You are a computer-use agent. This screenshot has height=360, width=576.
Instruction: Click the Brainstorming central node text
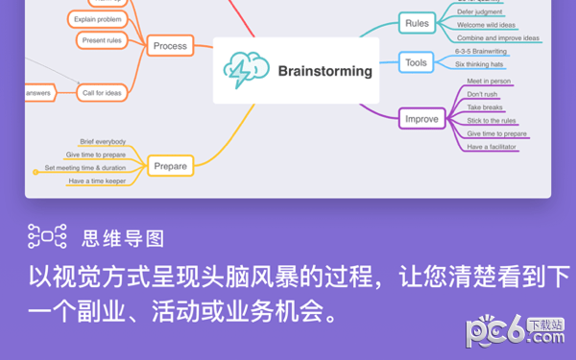coord(324,69)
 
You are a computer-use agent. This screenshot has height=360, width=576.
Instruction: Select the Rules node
coord(417,23)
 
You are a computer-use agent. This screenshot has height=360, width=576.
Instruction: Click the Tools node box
coord(416,63)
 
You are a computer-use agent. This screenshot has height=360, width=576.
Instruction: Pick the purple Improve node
coord(421,119)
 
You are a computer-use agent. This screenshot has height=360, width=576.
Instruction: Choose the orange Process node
coord(171,45)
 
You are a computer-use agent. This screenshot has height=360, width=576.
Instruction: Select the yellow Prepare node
coord(170,166)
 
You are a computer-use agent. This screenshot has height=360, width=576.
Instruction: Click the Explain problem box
coord(97,18)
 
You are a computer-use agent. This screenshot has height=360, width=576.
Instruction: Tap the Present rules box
coord(101,40)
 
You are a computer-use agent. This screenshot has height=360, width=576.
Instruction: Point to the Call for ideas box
coord(102,92)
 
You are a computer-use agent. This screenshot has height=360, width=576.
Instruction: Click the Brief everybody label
coord(103,142)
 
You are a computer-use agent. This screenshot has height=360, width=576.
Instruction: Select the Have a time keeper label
coord(97,180)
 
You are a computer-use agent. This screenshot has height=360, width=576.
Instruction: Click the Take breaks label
coord(485,108)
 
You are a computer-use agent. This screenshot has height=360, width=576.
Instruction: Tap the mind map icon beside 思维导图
coord(46,236)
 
